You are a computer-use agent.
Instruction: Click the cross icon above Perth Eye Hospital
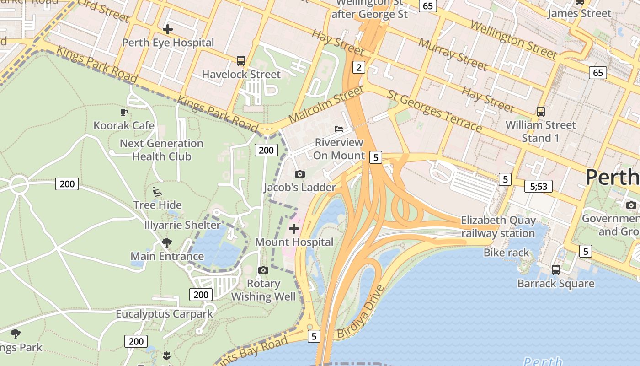click(168, 29)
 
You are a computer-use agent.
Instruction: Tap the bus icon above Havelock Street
click(241, 60)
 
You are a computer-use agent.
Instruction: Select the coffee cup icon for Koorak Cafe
click(124, 112)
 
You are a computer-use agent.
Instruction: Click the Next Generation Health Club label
click(161, 150)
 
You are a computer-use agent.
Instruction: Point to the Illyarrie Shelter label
click(182, 225)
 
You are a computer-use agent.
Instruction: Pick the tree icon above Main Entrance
click(167, 242)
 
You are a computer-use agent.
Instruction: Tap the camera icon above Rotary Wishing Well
click(263, 270)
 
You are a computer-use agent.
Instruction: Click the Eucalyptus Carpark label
click(164, 314)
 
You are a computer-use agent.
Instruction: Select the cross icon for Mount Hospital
click(294, 228)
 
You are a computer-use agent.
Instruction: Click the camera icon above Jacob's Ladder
click(300, 174)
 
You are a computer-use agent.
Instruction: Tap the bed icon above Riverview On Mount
click(339, 129)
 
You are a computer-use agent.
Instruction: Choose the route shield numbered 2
click(359, 68)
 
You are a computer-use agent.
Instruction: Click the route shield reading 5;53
click(539, 186)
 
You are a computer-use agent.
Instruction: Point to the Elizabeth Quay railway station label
click(498, 226)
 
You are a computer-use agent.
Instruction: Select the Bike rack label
click(506, 253)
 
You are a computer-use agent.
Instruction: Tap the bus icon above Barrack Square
click(556, 269)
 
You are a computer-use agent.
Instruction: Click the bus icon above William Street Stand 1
click(541, 111)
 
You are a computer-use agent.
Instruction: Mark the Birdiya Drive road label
click(361, 313)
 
